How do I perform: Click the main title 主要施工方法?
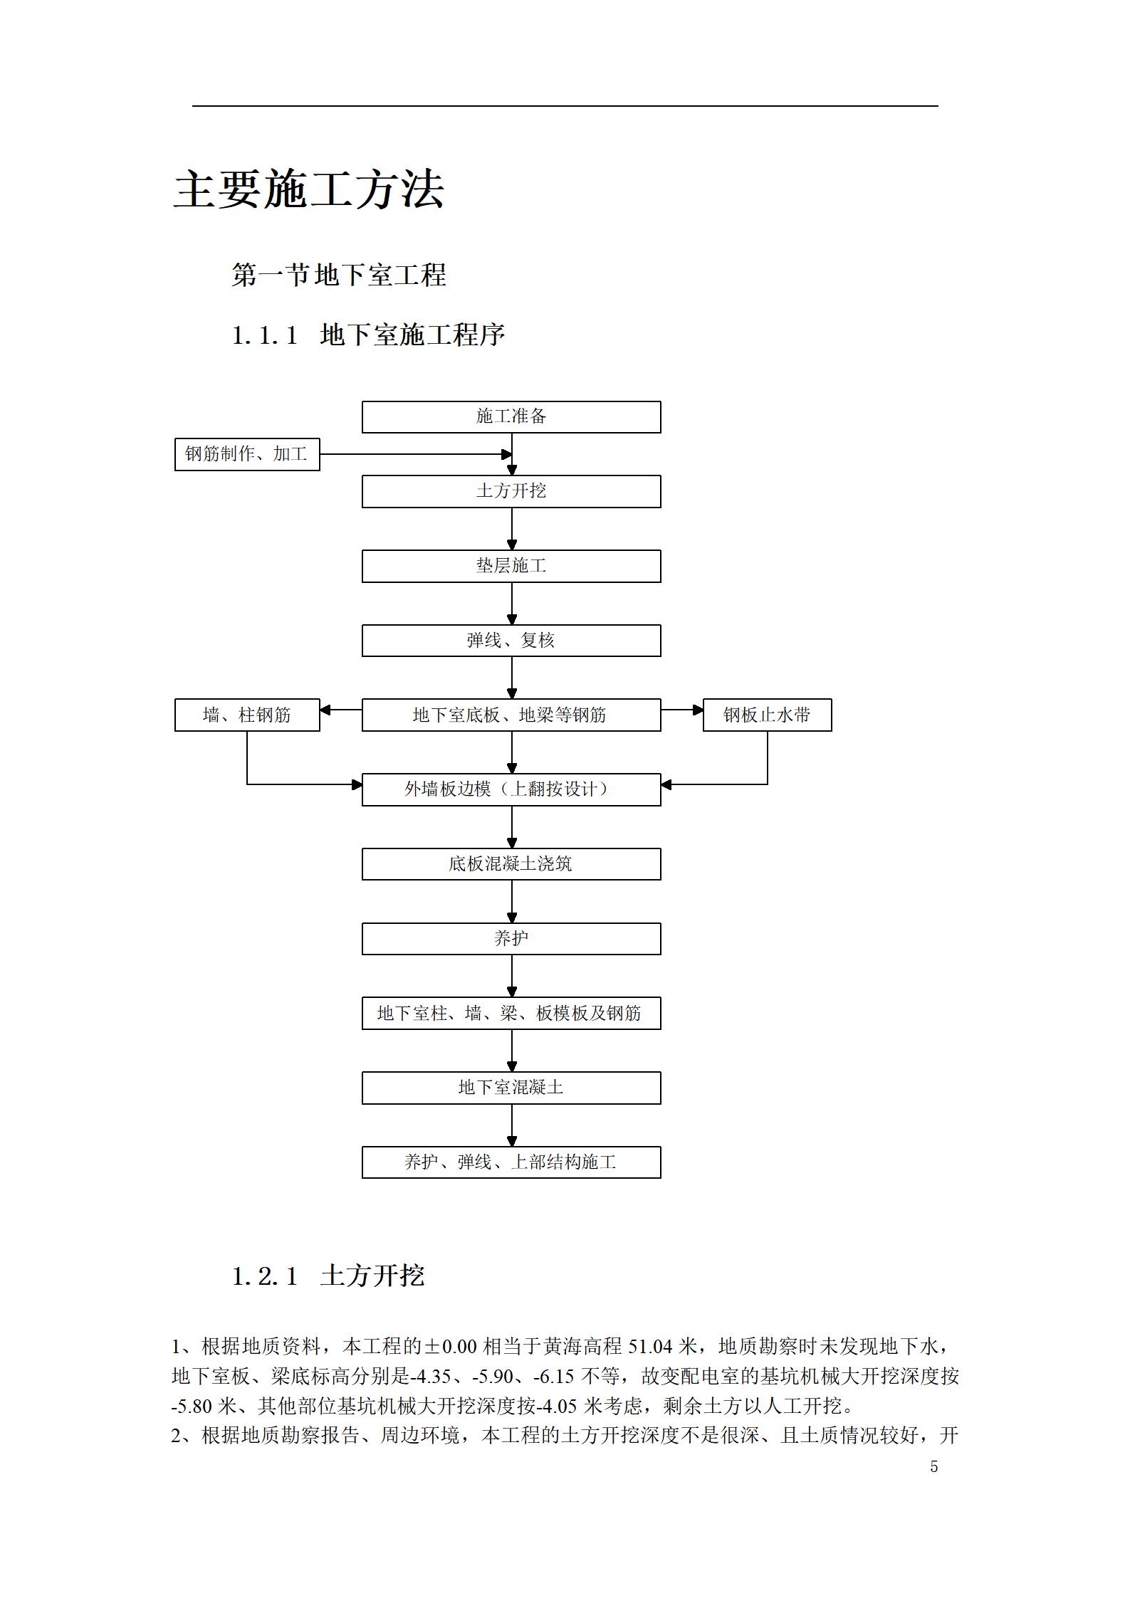click(x=309, y=189)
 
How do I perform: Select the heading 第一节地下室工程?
click(x=339, y=275)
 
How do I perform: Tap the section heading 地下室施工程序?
click(x=413, y=335)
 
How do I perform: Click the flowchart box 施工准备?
click(x=511, y=417)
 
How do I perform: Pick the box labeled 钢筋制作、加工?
click(x=247, y=454)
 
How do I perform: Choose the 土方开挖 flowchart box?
click(x=511, y=492)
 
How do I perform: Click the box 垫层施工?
click(x=511, y=567)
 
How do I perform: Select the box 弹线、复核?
click(x=511, y=641)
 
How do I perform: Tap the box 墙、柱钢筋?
click(x=247, y=715)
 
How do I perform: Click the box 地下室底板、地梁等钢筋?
click(x=511, y=715)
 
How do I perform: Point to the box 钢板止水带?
click(x=768, y=715)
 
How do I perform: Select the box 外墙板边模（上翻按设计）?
click(x=511, y=789)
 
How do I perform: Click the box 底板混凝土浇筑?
click(x=511, y=864)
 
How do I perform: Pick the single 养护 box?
click(x=511, y=939)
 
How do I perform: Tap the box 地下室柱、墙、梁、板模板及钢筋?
click(x=511, y=1014)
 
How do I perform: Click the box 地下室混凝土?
click(x=511, y=1088)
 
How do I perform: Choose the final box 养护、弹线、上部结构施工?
click(x=511, y=1162)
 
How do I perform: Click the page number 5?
click(x=934, y=1467)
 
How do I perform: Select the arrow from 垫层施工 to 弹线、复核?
click(x=511, y=604)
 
